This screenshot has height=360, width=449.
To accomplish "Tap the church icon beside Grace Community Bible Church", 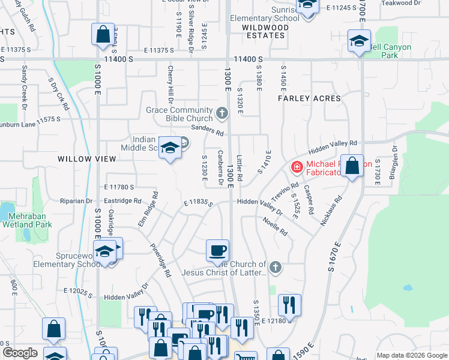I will coord(222,112).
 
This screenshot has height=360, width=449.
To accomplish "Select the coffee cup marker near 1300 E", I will coord(217,250).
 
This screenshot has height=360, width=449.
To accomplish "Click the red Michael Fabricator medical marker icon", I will coord(297,166).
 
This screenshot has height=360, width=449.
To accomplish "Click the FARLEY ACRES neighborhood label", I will coord(309,98).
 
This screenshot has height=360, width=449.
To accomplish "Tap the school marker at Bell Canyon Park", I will coord(359,42).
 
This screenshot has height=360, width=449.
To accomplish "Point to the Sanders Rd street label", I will coord(207,130).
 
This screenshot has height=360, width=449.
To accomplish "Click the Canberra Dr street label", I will coord(221,164).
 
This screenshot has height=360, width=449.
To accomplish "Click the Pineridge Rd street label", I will coord(160,263).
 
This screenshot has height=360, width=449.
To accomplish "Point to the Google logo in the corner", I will coord(20,353).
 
